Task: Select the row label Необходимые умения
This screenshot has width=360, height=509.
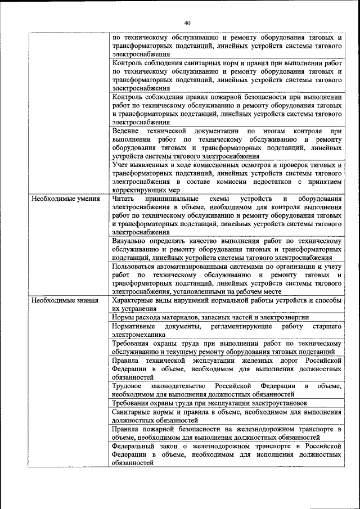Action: click(66, 199)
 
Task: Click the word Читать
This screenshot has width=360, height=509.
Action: click(123, 199)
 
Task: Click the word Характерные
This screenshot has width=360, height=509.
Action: click(134, 300)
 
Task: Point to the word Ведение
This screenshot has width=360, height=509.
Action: click(125, 130)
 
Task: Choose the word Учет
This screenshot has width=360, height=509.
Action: click(120, 165)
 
